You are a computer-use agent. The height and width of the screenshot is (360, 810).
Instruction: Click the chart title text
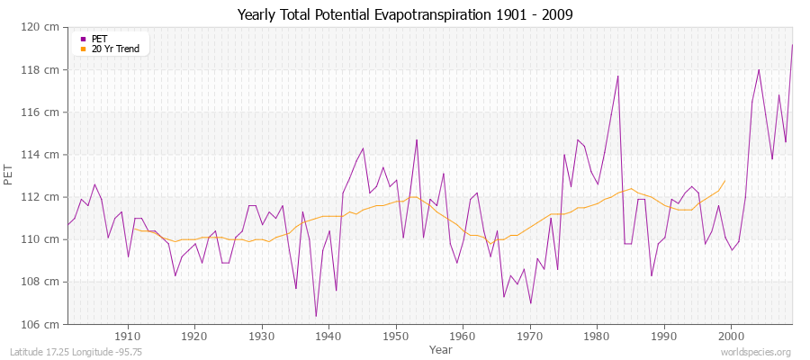(405, 15)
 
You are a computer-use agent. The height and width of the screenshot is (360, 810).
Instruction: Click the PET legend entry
(99, 39)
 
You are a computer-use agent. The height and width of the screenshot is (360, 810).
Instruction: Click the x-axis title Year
(441, 348)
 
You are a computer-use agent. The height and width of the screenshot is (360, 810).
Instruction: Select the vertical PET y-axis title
(9, 175)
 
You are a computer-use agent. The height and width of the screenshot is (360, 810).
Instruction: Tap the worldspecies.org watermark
(756, 351)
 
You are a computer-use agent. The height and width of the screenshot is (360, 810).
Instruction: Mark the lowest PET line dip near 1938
(316, 316)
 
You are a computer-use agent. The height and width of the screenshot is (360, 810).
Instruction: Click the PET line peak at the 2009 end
(792, 44)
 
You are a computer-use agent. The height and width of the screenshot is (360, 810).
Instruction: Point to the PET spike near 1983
(617, 76)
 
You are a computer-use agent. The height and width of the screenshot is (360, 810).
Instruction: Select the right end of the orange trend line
(724, 180)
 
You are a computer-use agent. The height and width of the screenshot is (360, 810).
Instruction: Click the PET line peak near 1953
(417, 139)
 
